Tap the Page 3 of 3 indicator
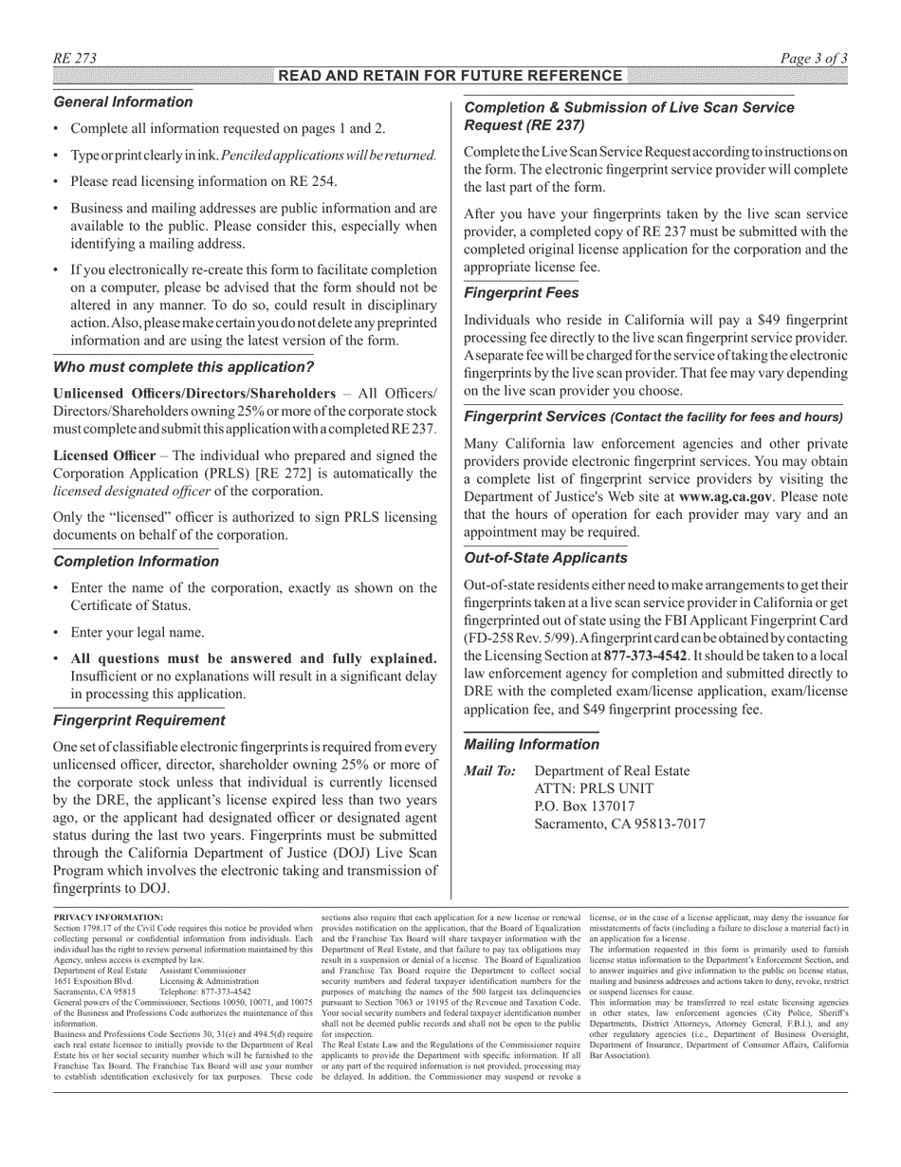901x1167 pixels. [x=814, y=59]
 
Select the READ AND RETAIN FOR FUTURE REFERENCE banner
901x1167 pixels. [x=450, y=76]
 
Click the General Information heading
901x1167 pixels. [x=122, y=102]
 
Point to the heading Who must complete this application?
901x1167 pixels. [x=183, y=367]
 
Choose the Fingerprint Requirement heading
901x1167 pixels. [x=138, y=720]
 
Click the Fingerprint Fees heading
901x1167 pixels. [x=521, y=294]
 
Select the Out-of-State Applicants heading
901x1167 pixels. [x=545, y=558]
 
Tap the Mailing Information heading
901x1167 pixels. [x=531, y=745]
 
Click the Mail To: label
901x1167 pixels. [x=489, y=771]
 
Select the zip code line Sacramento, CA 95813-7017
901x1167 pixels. [x=620, y=824]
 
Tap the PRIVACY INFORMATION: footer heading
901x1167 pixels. [x=108, y=917]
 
